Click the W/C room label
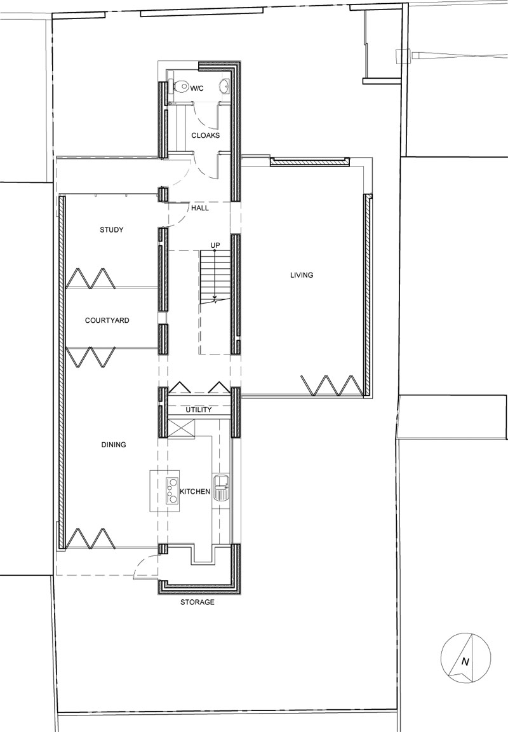(196, 88)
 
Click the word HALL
(200, 208)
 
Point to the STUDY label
(111, 230)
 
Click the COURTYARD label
(107, 321)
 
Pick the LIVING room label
(302, 275)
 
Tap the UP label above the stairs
(215, 245)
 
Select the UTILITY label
(199, 410)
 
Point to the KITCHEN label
(195, 492)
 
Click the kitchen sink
(222, 487)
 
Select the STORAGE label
(197, 602)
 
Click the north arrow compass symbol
(465, 658)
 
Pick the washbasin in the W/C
(225, 86)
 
